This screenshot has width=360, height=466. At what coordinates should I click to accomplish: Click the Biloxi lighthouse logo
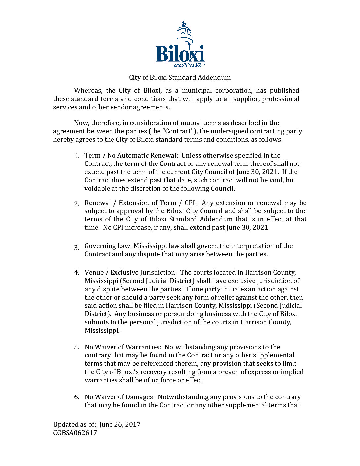click(x=180, y=43)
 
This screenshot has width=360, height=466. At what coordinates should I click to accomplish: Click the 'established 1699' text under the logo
click(x=189, y=65)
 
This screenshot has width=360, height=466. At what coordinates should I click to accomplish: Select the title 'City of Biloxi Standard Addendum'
click(x=180, y=78)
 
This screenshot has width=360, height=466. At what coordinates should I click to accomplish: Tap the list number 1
click(x=76, y=156)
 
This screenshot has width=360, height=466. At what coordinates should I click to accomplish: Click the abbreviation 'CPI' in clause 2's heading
click(x=190, y=203)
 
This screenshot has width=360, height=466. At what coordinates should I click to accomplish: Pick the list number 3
click(x=76, y=248)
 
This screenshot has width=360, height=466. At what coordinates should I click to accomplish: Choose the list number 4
click(x=76, y=273)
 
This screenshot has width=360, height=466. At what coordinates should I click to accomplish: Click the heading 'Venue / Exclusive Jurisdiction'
click(x=130, y=273)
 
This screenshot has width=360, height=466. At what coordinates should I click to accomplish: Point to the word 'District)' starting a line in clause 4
click(x=98, y=314)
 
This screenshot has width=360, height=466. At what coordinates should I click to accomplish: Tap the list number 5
click(x=76, y=347)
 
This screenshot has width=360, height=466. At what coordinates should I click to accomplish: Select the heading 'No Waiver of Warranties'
click(x=122, y=347)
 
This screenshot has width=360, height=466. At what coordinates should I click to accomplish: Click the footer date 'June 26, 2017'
click(x=120, y=425)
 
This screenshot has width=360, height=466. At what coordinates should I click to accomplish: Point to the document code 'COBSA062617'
click(x=75, y=433)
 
